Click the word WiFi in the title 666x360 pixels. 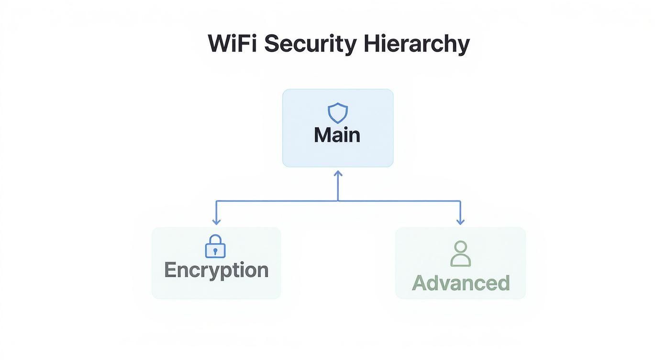[x=232, y=44]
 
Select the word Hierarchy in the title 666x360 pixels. [x=416, y=45]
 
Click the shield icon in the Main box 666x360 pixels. [x=338, y=113]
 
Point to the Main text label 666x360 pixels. [x=337, y=135]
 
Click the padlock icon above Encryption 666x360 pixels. [x=215, y=247]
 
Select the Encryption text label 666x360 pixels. [x=216, y=270]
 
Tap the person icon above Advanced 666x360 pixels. [x=461, y=254]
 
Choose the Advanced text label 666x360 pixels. [x=461, y=283]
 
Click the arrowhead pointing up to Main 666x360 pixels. [x=338, y=173]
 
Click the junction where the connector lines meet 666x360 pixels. [x=338, y=201]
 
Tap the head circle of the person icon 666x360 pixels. [x=461, y=247]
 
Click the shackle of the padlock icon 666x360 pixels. [x=215, y=239]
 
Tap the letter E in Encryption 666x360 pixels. [x=170, y=270]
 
